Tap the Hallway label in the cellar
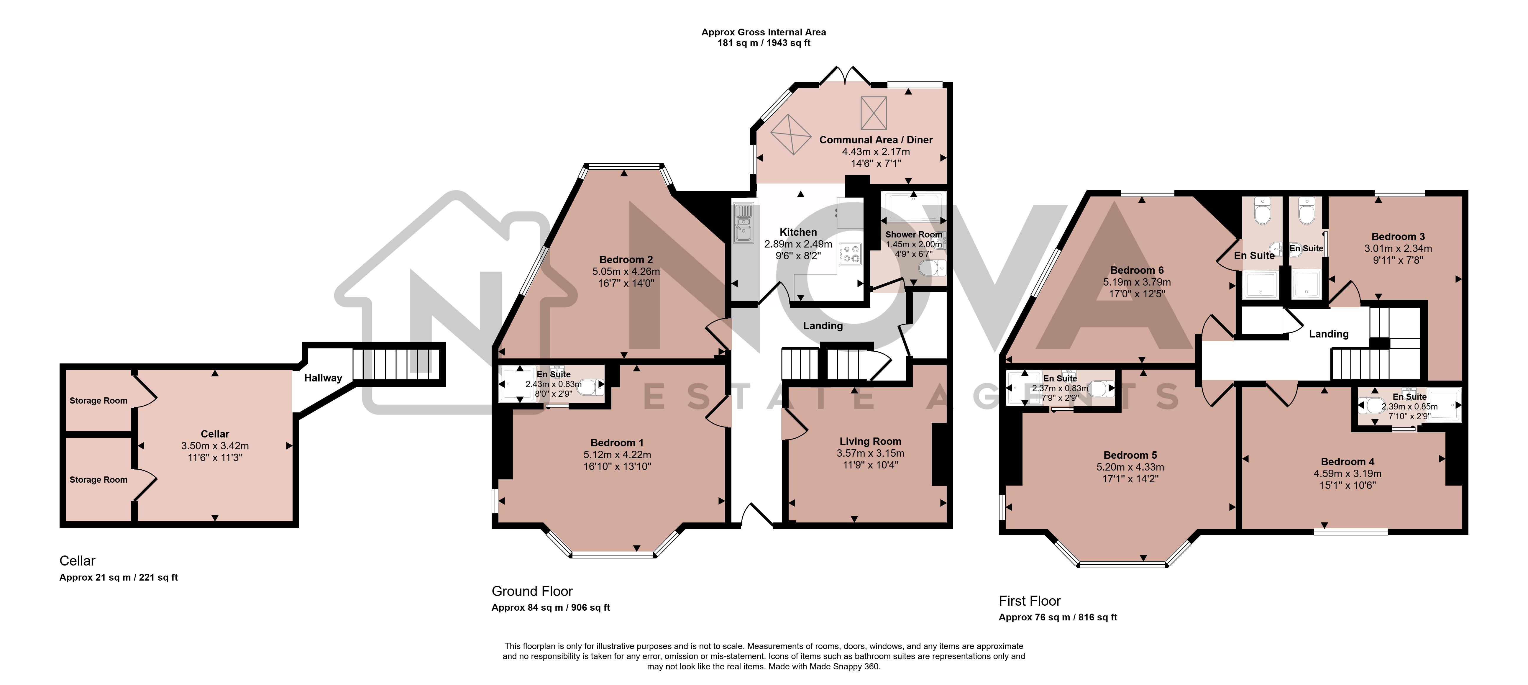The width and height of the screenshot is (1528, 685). pyautogui.click(x=323, y=378)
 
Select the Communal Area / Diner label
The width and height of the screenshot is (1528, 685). pyautogui.click(x=876, y=140)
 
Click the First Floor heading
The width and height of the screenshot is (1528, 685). pyautogui.click(x=1030, y=601)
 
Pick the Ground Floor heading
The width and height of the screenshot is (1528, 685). pyautogui.click(x=532, y=591)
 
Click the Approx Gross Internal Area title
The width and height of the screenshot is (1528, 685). pyautogui.click(x=764, y=32)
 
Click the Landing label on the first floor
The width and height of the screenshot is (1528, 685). pyautogui.click(x=1329, y=334)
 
